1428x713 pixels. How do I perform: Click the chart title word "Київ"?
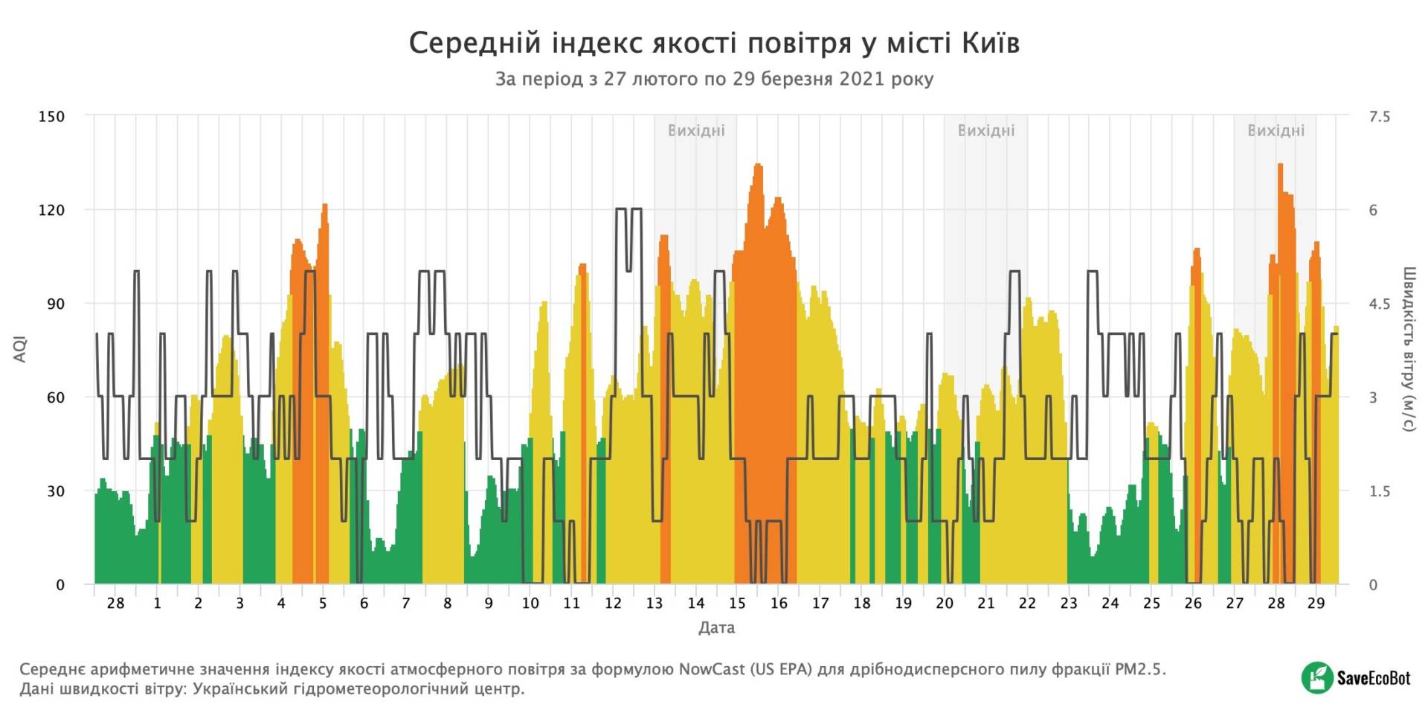coord(990,43)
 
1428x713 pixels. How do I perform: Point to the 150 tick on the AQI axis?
coord(51,116)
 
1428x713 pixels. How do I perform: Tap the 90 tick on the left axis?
coord(55,304)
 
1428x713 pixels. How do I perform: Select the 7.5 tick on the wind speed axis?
coord(1379,116)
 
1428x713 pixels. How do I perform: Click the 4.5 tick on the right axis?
coord(1379,304)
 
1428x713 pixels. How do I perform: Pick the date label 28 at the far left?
coord(115,604)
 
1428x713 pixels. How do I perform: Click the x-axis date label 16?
coord(779,604)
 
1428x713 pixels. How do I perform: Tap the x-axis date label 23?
coord(1069,604)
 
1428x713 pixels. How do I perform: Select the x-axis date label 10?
coord(530,604)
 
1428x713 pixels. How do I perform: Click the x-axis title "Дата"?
coord(716,628)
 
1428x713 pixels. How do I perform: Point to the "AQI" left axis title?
coord(20,349)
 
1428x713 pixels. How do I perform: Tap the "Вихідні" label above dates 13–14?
coord(696,131)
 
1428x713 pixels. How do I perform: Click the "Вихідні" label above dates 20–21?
coord(986,131)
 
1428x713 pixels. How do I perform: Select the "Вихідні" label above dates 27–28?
coord(1276,131)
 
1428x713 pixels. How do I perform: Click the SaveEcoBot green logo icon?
coord(1317,677)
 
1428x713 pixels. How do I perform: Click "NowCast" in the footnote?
coord(711,669)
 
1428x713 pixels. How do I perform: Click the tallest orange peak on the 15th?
coord(758,165)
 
